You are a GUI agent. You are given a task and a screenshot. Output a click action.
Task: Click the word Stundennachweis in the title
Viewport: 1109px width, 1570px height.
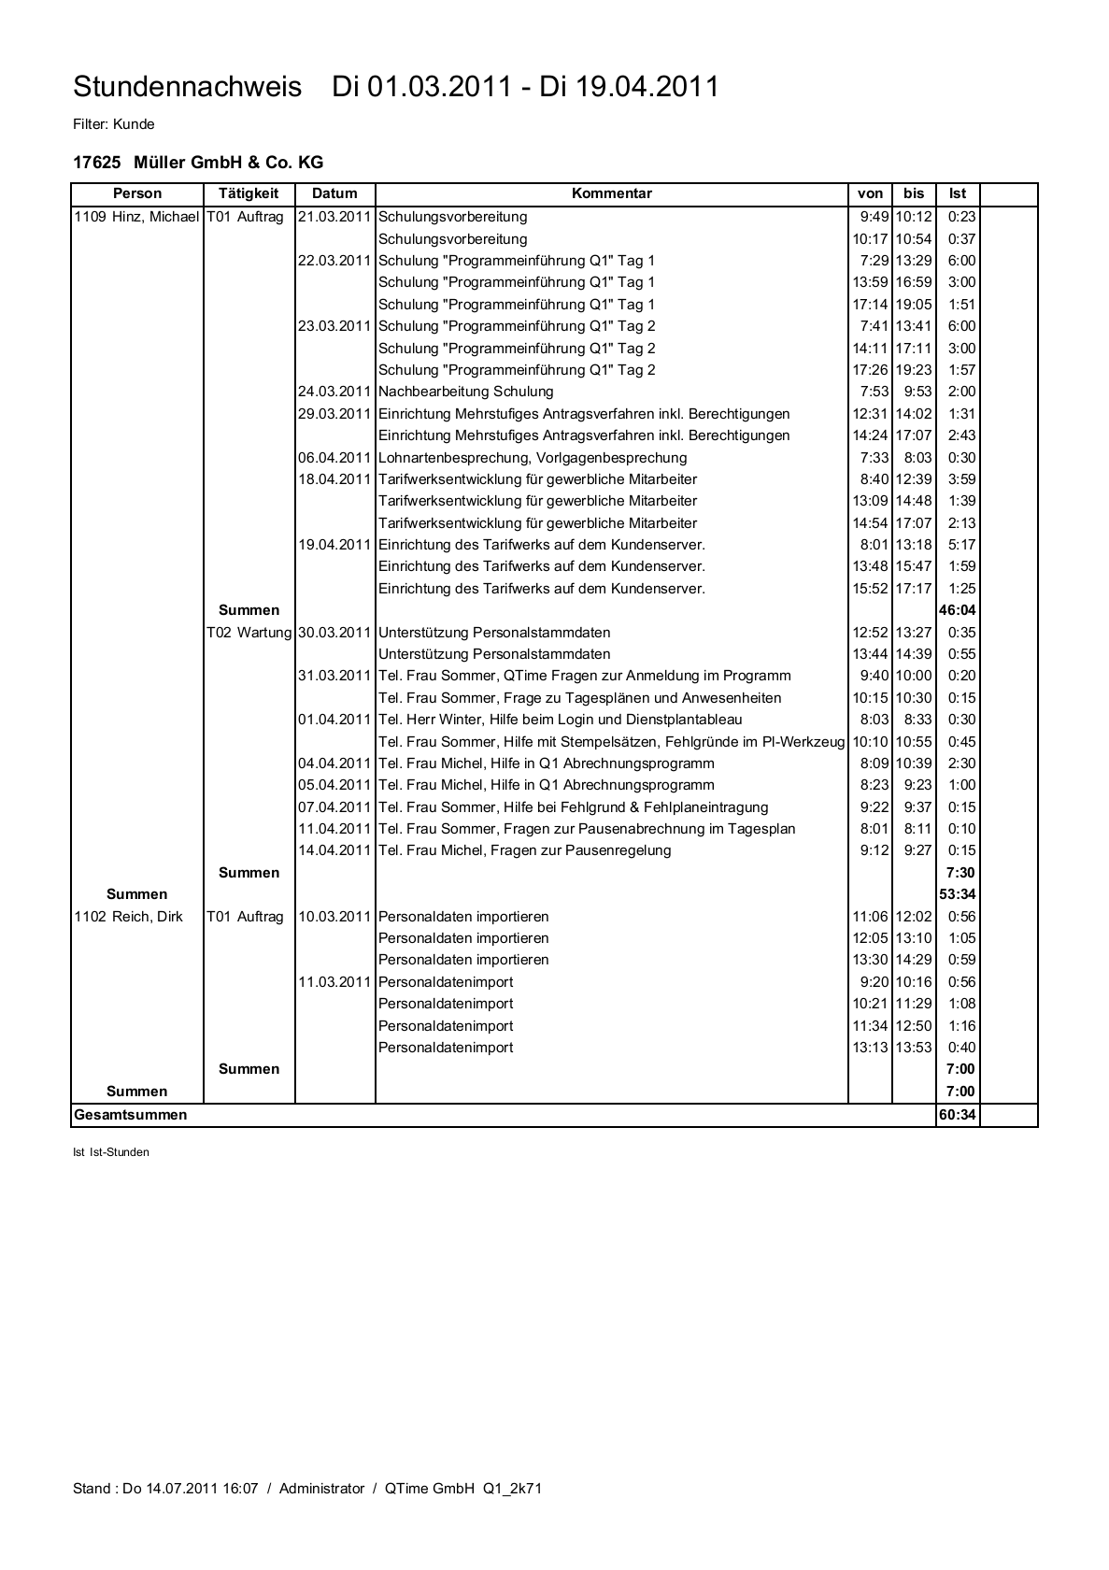[x=187, y=87]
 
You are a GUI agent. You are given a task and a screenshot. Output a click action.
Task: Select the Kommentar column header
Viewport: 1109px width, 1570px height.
[x=611, y=193]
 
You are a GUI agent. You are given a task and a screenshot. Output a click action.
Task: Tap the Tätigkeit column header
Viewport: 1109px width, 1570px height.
[x=249, y=193]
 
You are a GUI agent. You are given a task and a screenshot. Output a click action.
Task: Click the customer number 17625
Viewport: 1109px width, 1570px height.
[x=96, y=163]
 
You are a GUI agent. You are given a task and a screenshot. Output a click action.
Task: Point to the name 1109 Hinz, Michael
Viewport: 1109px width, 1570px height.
[x=136, y=217]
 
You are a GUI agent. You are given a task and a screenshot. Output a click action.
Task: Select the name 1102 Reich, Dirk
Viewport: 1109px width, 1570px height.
[x=128, y=917]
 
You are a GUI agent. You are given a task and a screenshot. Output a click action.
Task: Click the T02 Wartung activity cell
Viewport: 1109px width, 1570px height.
[x=249, y=633]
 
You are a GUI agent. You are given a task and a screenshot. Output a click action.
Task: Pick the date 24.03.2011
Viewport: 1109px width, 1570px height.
[x=334, y=392]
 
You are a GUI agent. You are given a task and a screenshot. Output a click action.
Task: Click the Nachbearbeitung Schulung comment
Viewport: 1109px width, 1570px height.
[x=465, y=392]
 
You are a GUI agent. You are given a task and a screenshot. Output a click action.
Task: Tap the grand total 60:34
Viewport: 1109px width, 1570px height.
[x=957, y=1115]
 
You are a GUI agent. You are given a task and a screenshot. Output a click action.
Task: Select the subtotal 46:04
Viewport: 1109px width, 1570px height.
[x=957, y=610]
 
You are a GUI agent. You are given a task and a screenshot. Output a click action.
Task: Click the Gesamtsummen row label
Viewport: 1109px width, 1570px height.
[x=130, y=1115]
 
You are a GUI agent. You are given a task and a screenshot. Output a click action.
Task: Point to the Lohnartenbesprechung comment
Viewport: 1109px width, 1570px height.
[x=533, y=458]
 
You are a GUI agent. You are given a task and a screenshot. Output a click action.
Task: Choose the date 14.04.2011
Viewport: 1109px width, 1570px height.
[x=334, y=850]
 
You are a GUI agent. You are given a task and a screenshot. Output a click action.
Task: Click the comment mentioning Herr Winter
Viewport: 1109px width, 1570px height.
[x=560, y=720]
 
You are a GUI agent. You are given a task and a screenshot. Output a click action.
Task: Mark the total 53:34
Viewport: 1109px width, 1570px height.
[x=957, y=894]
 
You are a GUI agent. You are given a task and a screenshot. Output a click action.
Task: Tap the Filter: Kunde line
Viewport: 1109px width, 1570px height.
[x=113, y=124]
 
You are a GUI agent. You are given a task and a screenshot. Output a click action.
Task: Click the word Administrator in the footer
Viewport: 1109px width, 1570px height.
[x=321, y=1489]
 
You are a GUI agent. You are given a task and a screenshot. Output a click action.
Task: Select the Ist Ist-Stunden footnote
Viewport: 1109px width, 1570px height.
[x=110, y=1152]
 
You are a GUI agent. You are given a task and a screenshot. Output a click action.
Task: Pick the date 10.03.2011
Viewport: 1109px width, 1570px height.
[x=334, y=917]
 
